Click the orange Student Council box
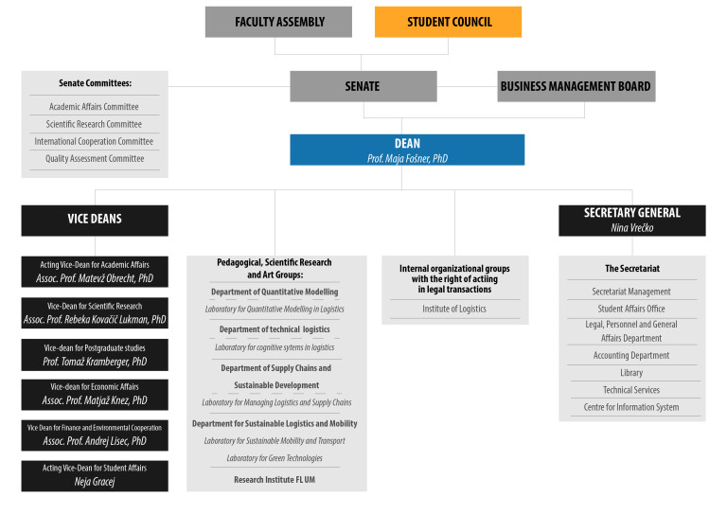pyautogui.click(x=448, y=22)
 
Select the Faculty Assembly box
pyautogui.click(x=278, y=22)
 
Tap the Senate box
pyautogui.click(x=363, y=86)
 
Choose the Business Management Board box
pyautogui.click(x=576, y=86)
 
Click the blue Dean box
pyautogui.click(x=407, y=150)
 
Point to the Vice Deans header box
pyautogui.click(x=95, y=221)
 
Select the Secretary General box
pyautogui.click(x=632, y=221)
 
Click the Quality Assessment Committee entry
pyautogui.click(x=95, y=158)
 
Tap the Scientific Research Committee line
pyautogui.click(x=94, y=124)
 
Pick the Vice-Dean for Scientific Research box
pyautogui.click(x=95, y=313)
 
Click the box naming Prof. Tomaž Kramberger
pyautogui.click(x=95, y=355)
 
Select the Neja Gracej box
pyautogui.click(x=95, y=476)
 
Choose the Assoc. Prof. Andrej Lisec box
pyautogui.click(x=95, y=435)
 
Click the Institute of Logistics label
pyautogui.click(x=454, y=309)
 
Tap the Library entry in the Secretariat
pyautogui.click(x=631, y=373)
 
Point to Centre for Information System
pyautogui.click(x=631, y=407)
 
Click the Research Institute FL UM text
pyautogui.click(x=275, y=480)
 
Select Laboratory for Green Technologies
pyautogui.click(x=275, y=458)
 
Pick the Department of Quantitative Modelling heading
pyautogui.click(x=275, y=292)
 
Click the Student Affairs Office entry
pyautogui.click(x=631, y=309)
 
